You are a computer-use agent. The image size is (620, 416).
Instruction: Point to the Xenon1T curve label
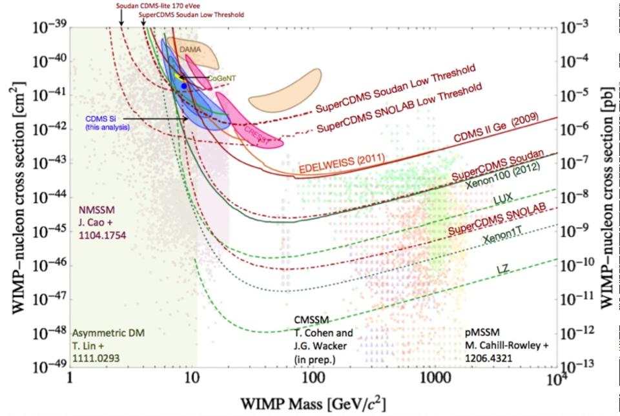pos(500,238)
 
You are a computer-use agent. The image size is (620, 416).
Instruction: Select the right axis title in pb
pos(608,193)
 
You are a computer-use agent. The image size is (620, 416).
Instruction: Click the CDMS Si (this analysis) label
pos(107,123)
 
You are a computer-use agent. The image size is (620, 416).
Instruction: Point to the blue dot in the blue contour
pos(184,85)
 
